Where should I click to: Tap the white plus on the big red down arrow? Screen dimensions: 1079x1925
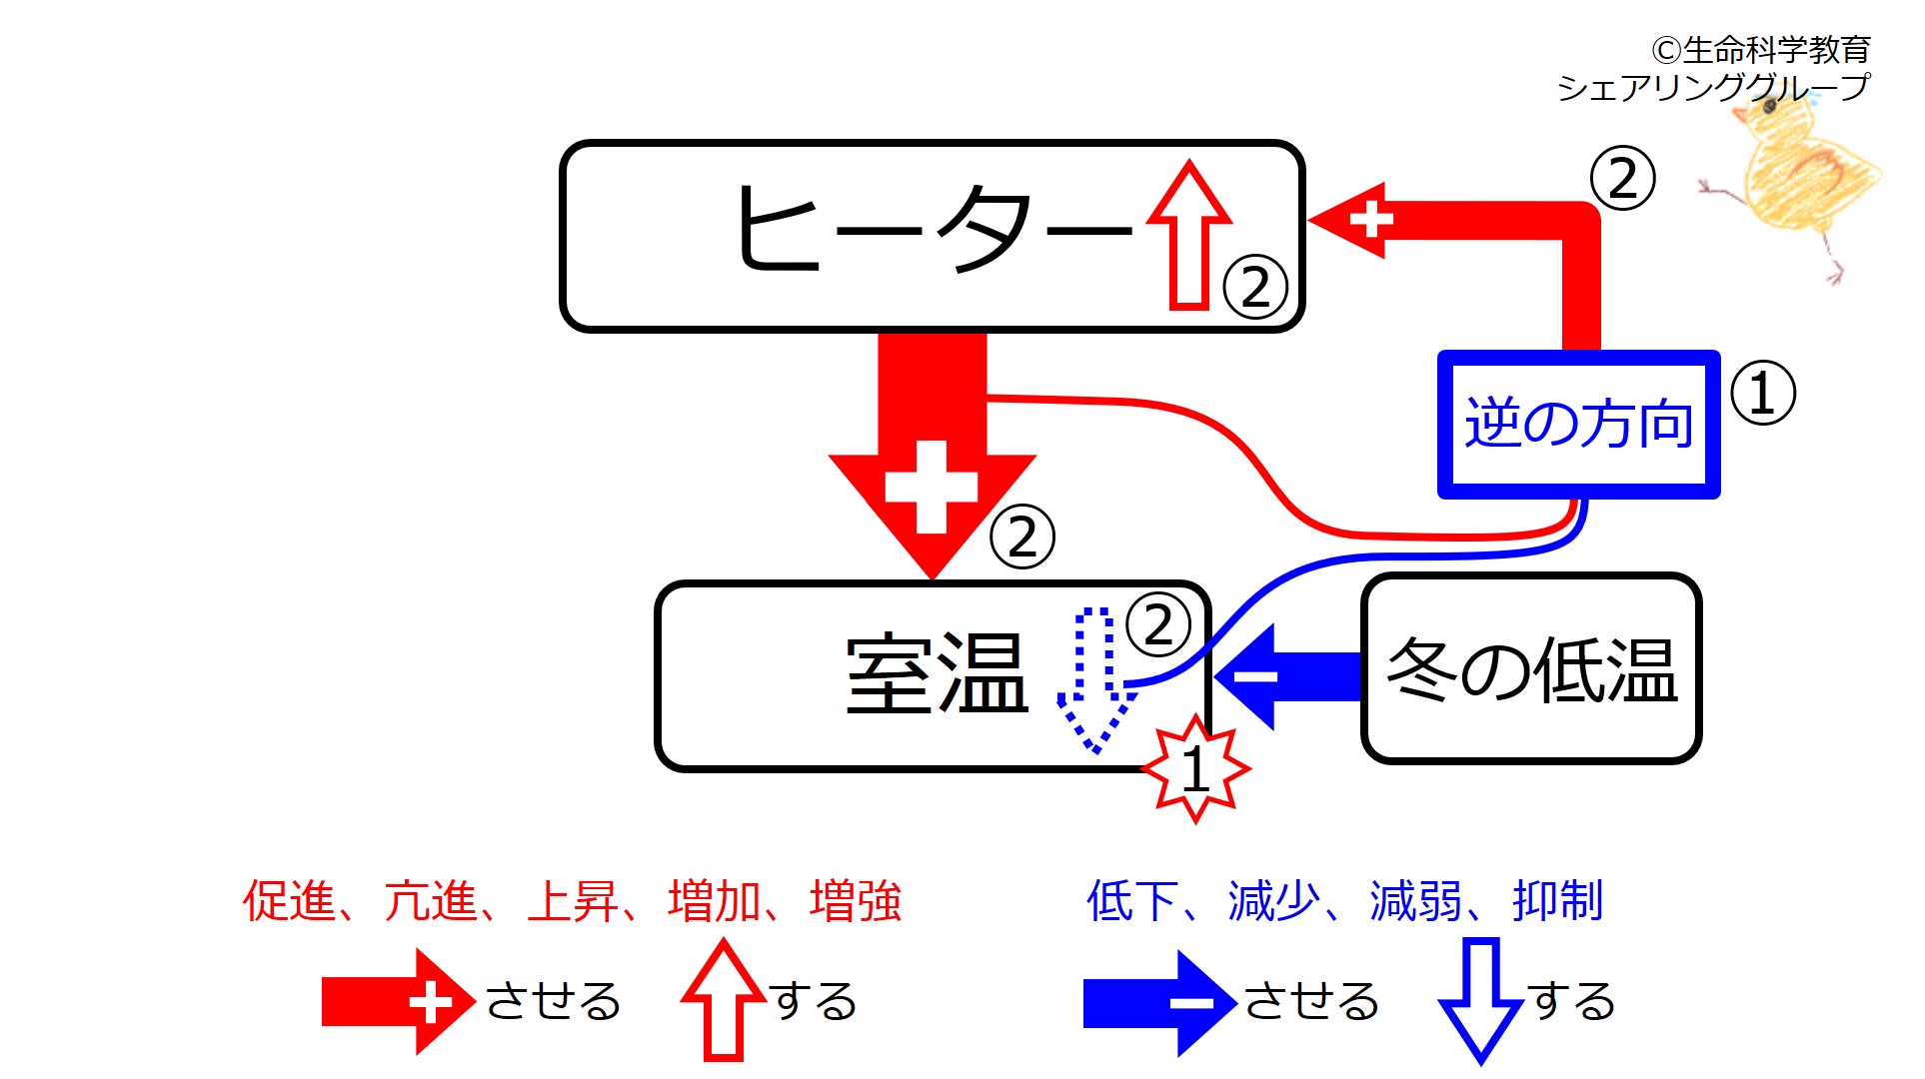click(x=932, y=487)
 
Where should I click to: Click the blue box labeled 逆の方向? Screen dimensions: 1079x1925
click(x=1578, y=424)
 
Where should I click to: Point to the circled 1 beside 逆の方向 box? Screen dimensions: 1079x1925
click(x=1762, y=393)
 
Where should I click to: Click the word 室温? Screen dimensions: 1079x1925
click(x=937, y=674)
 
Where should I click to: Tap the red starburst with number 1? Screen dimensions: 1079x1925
click(x=1195, y=768)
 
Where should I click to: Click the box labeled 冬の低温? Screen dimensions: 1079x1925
click(x=1530, y=668)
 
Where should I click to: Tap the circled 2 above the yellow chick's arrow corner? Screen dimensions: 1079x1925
click(x=1622, y=179)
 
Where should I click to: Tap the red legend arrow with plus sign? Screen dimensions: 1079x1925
click(x=397, y=1001)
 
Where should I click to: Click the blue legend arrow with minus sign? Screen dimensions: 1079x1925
click(x=1159, y=1002)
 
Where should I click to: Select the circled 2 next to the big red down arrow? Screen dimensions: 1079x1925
click(x=1021, y=538)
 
